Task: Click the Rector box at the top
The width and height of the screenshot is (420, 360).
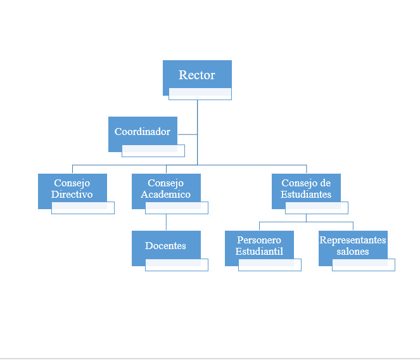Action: click(197, 75)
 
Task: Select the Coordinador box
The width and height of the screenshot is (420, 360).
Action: click(143, 131)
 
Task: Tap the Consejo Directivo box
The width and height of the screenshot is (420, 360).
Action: click(72, 188)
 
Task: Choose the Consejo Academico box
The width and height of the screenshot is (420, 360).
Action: click(166, 188)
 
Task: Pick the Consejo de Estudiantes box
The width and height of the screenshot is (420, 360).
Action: click(306, 188)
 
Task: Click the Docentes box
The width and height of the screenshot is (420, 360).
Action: click(166, 245)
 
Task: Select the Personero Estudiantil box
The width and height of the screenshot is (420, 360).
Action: click(259, 245)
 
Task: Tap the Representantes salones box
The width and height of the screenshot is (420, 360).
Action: click(353, 245)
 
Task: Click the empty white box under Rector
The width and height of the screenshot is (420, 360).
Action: click(200, 94)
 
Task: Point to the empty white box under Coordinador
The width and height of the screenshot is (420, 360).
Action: click(153, 151)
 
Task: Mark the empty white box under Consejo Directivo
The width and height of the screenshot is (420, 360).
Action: click(83, 208)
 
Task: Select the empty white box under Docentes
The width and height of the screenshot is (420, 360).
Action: click(177, 265)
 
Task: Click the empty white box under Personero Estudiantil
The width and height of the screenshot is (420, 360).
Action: click(270, 265)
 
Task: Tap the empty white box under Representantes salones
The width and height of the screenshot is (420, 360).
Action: click(364, 265)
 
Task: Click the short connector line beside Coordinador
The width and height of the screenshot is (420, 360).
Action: click(188, 134)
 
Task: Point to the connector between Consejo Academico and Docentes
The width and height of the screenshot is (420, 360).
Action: click(166, 222)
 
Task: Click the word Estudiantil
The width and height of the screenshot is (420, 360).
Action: click(259, 251)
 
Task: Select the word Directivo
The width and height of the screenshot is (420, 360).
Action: click(72, 194)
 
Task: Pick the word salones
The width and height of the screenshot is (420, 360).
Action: click(353, 252)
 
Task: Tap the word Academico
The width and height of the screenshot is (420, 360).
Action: click(166, 194)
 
